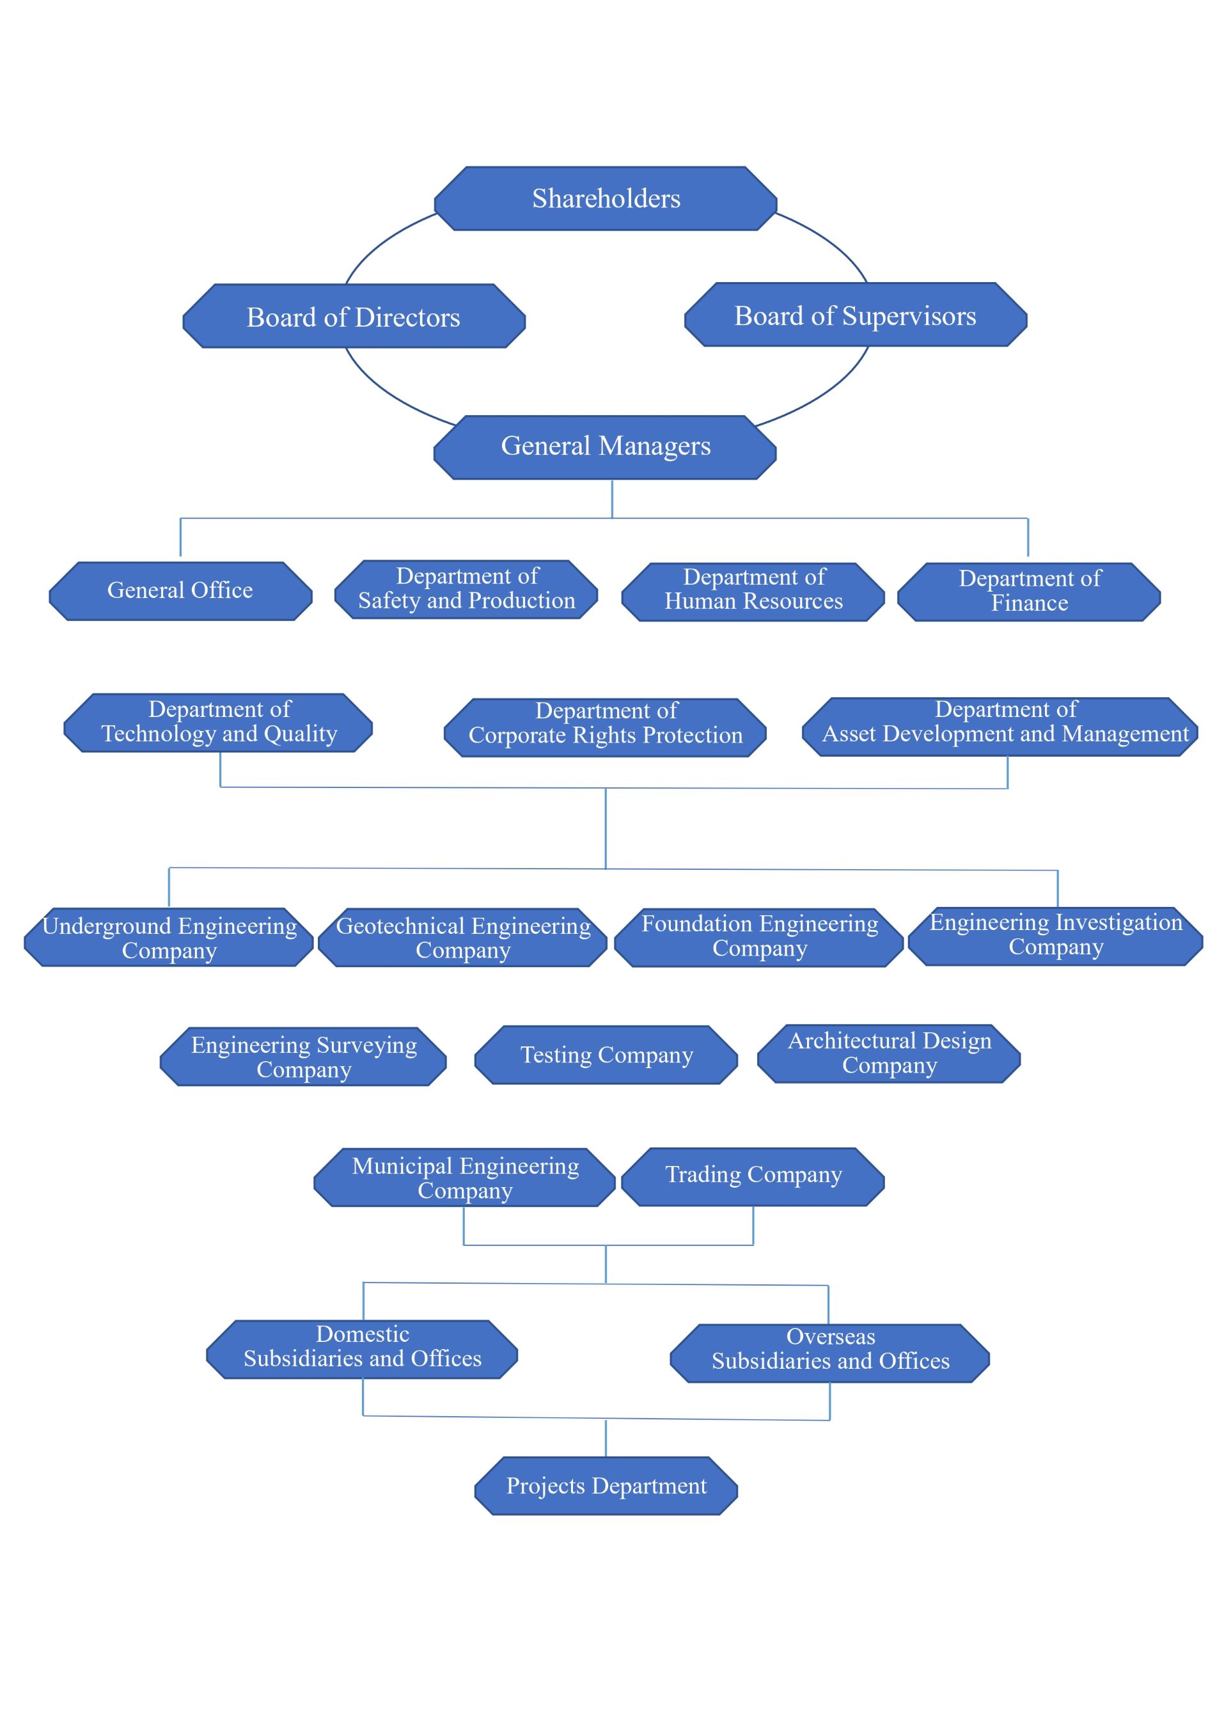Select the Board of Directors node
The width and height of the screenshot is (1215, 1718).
click(354, 316)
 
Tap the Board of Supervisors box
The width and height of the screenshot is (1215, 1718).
click(855, 314)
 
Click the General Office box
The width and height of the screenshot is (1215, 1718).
click(180, 591)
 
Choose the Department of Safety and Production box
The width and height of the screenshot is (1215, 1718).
click(466, 590)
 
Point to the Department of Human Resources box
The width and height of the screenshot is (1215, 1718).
click(753, 592)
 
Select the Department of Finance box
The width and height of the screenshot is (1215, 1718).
click(1029, 592)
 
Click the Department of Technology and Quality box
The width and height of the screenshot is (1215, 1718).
click(219, 723)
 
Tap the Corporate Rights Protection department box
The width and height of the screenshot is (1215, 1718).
click(605, 727)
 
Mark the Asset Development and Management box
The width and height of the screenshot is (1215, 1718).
click(1000, 727)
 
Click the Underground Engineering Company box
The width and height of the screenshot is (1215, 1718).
click(169, 938)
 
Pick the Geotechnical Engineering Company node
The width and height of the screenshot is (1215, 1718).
click(463, 938)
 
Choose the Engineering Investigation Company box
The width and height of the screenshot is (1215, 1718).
click(1056, 936)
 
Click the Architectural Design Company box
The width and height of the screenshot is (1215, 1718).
click(889, 1053)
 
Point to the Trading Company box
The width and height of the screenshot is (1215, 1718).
click(753, 1177)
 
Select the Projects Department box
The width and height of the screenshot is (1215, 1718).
click(606, 1486)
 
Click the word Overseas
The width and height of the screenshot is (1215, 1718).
click(831, 1336)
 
